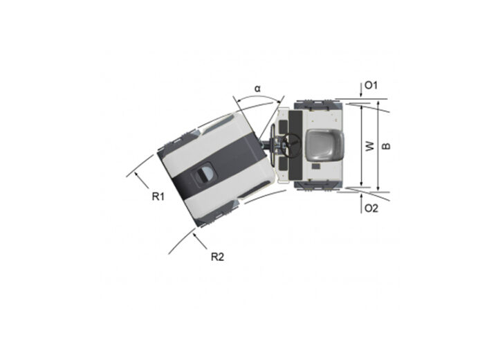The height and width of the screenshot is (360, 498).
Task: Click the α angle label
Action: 257,89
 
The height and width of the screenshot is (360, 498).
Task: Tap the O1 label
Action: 371,85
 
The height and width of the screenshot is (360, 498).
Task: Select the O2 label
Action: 371,208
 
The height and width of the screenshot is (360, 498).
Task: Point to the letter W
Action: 369,146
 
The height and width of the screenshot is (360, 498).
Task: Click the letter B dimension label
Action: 385,146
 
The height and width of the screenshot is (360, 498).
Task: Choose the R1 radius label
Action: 158,197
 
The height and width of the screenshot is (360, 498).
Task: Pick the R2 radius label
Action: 218,257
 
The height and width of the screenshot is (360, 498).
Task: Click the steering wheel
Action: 290,145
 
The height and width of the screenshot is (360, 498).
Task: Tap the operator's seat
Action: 324,145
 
